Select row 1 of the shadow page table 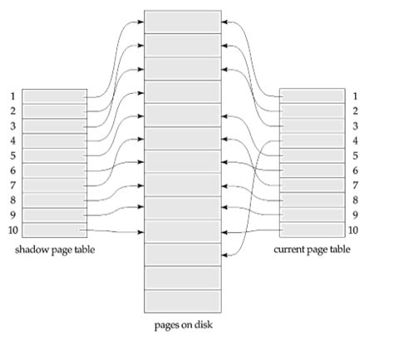click(x=55, y=96)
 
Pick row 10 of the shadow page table click(x=55, y=229)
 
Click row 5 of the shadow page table click(x=55, y=155)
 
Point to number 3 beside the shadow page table click(x=12, y=126)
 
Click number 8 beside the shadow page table click(x=12, y=200)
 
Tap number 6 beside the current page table click(x=355, y=170)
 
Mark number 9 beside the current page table click(x=355, y=215)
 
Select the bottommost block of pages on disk click(x=183, y=299)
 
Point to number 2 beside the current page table click(x=355, y=111)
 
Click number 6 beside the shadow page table click(x=12, y=170)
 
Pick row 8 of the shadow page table click(x=55, y=200)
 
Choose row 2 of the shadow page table click(x=55, y=111)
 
